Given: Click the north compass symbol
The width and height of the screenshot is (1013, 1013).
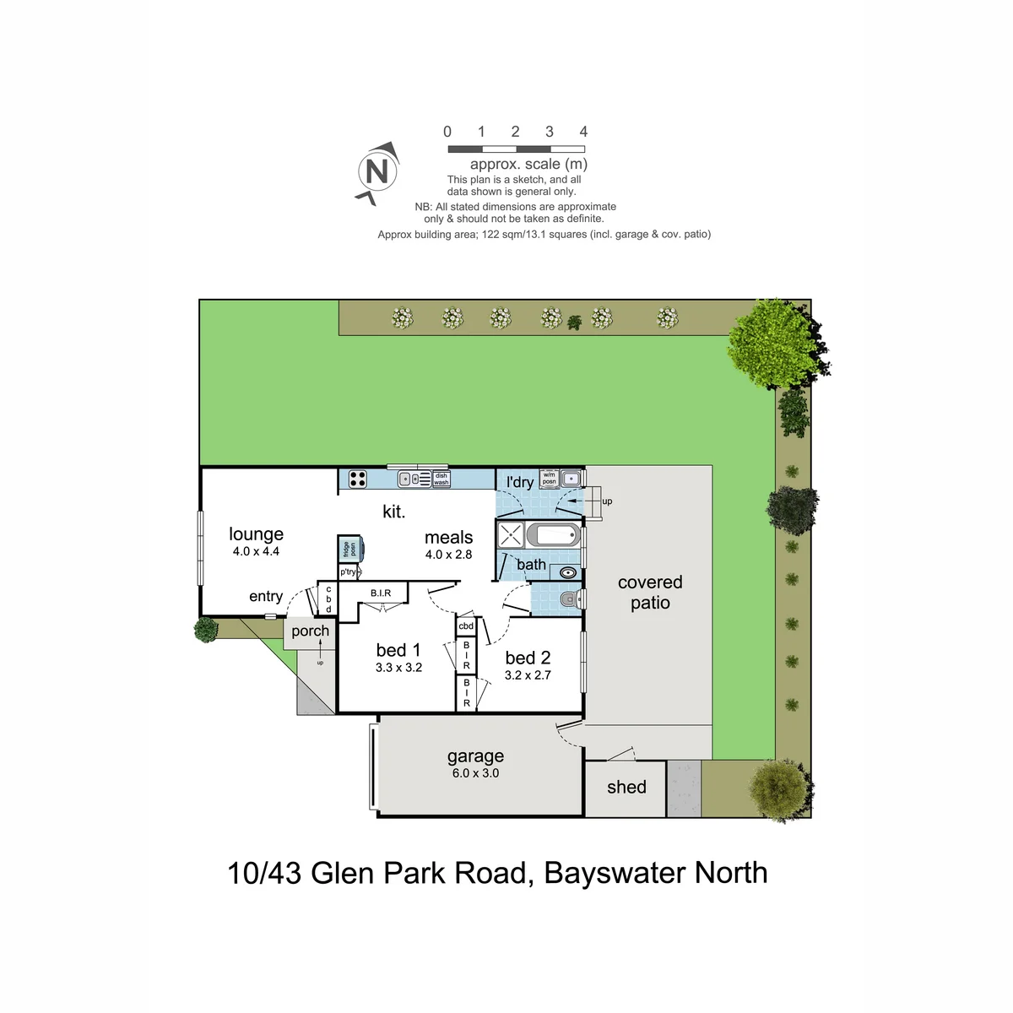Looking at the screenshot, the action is pyautogui.click(x=376, y=172).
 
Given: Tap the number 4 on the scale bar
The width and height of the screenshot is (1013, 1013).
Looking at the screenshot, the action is pyautogui.click(x=583, y=132).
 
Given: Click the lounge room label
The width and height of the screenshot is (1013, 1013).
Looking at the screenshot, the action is pyautogui.click(x=256, y=534).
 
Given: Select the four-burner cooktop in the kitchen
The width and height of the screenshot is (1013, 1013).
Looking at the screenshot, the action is pyautogui.click(x=357, y=479).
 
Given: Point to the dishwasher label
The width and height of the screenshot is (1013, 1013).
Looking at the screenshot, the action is pyautogui.click(x=441, y=479).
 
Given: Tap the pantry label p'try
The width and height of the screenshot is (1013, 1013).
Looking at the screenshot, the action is pyautogui.click(x=348, y=572).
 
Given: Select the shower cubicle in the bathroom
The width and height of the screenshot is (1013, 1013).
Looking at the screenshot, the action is pyautogui.click(x=511, y=535).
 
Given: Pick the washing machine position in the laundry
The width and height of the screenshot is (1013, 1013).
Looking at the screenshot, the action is pyautogui.click(x=549, y=479).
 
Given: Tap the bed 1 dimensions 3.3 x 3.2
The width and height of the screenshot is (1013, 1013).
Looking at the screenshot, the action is pyautogui.click(x=398, y=668).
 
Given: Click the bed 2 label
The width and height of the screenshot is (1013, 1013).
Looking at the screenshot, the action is pyautogui.click(x=528, y=658).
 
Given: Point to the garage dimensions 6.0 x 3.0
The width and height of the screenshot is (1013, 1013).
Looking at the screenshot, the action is pyautogui.click(x=476, y=772).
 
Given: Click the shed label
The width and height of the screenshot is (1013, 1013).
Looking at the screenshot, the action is pyautogui.click(x=626, y=787).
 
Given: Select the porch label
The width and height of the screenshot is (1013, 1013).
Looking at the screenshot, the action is pyautogui.click(x=310, y=631).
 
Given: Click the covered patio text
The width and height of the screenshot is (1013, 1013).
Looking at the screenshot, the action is pyautogui.click(x=650, y=593).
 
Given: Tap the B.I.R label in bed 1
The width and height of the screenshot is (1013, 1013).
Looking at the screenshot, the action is pyautogui.click(x=381, y=593).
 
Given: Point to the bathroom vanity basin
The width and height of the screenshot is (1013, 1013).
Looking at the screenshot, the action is pyautogui.click(x=568, y=572).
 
